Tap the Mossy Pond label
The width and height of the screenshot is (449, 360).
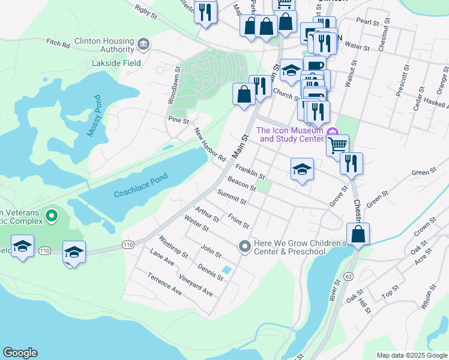coord(93,116)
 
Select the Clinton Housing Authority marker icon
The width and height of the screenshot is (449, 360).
coord(143,44)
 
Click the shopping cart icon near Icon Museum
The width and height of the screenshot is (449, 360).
coord(338,144)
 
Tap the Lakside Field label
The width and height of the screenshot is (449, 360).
coord(116,63)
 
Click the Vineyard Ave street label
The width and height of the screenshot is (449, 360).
coord(196,286)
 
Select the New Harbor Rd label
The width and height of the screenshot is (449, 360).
coord(209,145)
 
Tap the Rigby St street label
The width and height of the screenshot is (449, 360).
coord(146,11)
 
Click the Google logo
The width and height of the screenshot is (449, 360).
coord(20,353)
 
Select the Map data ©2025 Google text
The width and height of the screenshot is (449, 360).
coord(411,355)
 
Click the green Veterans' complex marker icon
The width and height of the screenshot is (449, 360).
coord(52,215)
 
